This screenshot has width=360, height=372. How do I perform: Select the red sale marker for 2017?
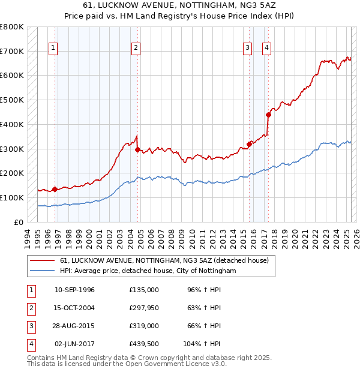[268, 115]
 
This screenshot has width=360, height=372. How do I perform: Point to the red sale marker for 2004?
[137, 149]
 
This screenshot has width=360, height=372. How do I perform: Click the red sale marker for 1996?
[55, 189]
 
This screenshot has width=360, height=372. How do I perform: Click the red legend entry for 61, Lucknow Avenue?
[167, 260]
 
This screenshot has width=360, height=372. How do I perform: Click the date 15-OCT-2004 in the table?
[74, 308]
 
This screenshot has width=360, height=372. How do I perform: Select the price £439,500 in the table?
[144, 344]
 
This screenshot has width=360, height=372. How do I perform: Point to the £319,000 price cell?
[144, 326]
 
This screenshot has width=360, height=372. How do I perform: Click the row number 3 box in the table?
[30, 326]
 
